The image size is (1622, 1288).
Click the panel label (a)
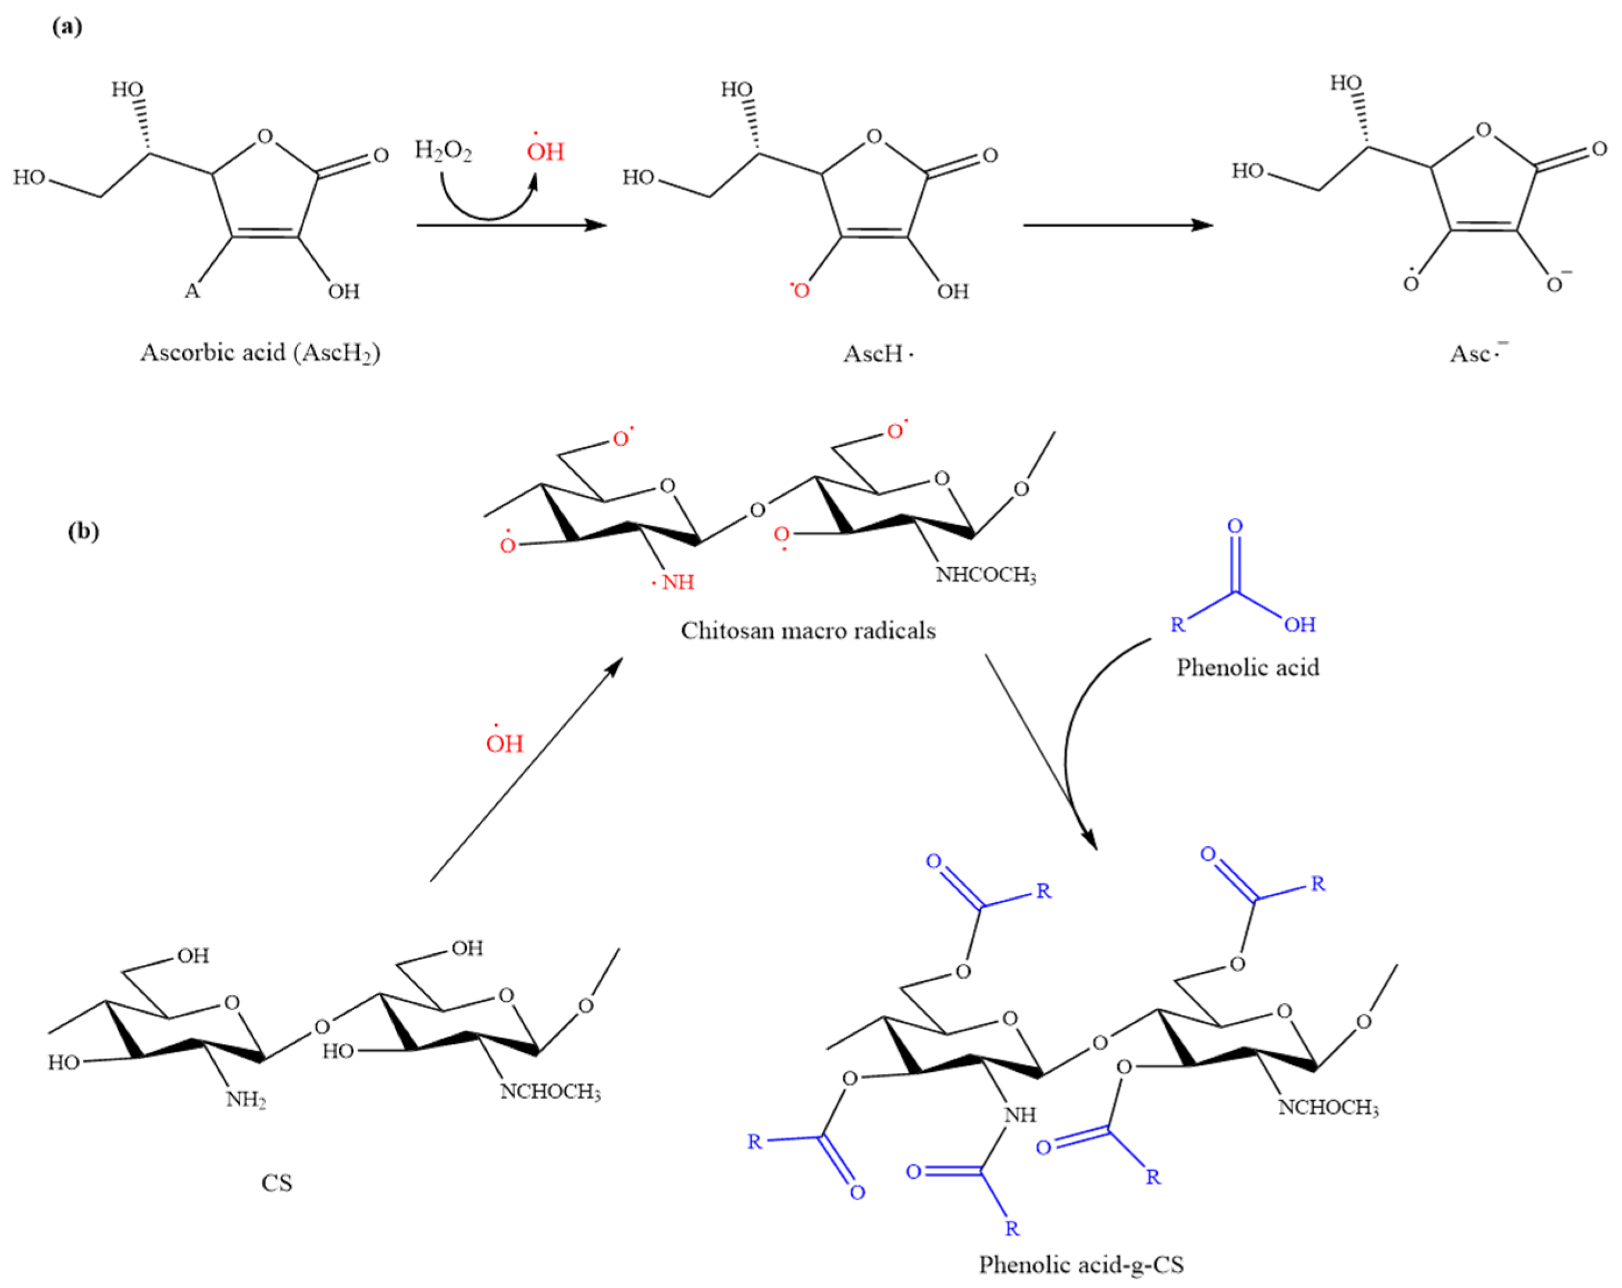tap(67, 27)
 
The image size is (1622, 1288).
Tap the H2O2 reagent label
tap(443, 151)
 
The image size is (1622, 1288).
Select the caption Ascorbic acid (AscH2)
tap(261, 353)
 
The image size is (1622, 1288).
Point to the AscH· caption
tap(877, 353)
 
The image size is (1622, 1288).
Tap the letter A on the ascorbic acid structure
tap(192, 291)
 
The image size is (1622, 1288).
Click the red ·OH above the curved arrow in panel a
tap(545, 151)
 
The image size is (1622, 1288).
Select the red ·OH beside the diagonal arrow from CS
tap(504, 743)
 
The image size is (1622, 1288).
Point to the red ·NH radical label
tap(674, 582)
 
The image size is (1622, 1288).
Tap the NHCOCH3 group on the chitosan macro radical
tap(986, 575)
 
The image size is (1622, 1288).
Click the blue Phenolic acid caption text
tap(1247, 667)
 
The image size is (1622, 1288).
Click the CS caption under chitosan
tap(276, 1183)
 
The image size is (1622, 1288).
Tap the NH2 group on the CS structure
tap(246, 1100)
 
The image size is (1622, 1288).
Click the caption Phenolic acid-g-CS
tap(1081, 1265)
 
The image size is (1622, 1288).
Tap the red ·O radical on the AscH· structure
tap(800, 289)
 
